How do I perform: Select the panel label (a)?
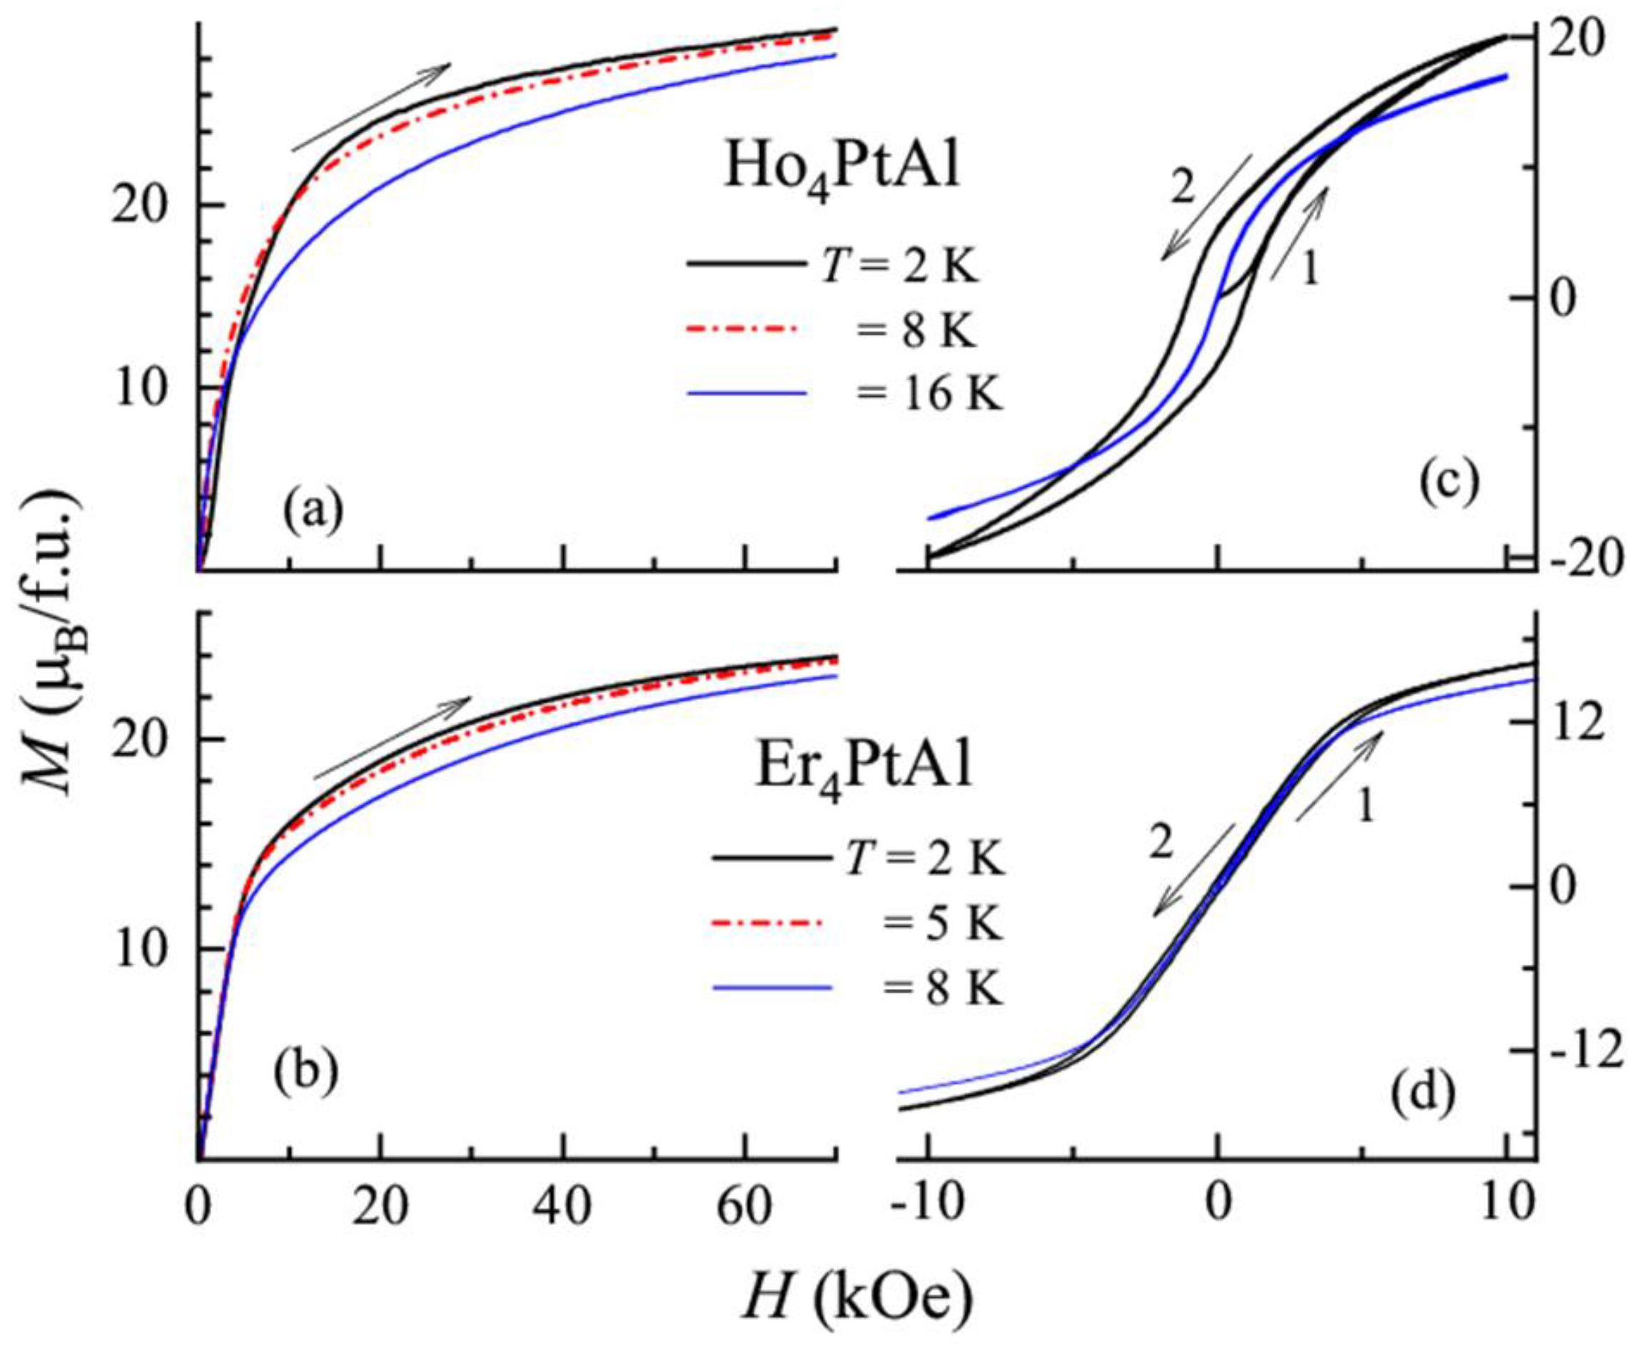[x=313, y=513]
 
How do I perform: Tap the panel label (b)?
[x=305, y=1072]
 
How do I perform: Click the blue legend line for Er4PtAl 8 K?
[x=770, y=988]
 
